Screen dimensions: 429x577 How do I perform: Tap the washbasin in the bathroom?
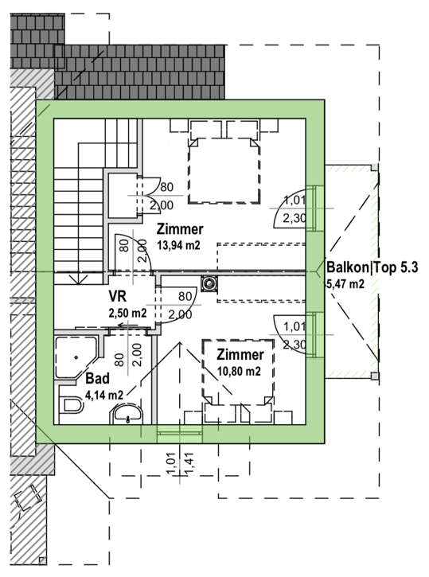click(x=127, y=414)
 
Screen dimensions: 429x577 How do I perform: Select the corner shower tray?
click(x=76, y=357)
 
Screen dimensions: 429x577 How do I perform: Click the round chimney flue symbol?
click(x=209, y=283)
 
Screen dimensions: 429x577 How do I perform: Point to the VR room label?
click(x=117, y=295)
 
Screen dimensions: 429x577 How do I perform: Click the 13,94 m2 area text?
click(x=179, y=244)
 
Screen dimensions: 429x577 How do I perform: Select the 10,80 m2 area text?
click(x=239, y=371)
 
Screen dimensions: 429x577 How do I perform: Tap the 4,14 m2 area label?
click(x=104, y=395)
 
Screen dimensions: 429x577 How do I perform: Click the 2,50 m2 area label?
click(x=127, y=313)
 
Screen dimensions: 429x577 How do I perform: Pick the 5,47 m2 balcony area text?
click(x=345, y=283)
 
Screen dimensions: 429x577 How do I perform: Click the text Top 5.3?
click(x=395, y=267)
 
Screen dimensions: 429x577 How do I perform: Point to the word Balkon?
click(x=347, y=267)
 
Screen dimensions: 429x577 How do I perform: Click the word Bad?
click(x=97, y=378)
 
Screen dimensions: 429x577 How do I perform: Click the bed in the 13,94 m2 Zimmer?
click(x=224, y=170)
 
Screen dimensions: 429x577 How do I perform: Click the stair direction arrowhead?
click(x=78, y=280)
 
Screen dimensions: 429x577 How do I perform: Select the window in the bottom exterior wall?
click(x=180, y=434)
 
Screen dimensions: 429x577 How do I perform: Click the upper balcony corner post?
click(x=374, y=167)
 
